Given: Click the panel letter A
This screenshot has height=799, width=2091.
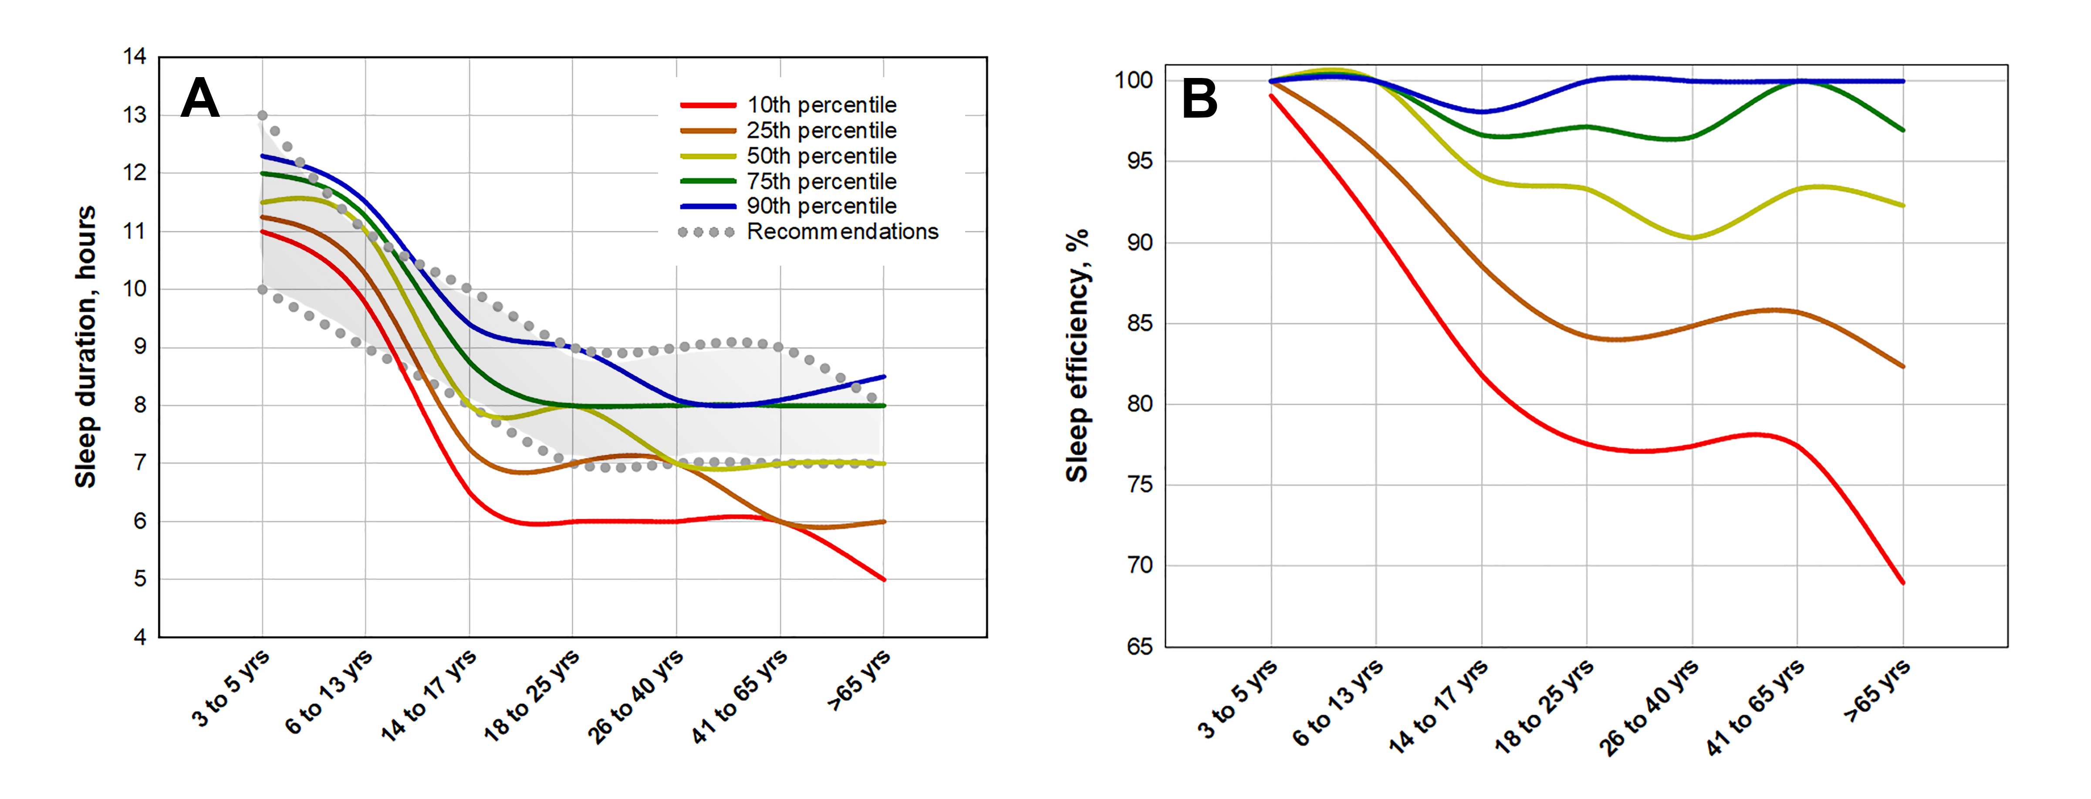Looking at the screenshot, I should pyautogui.click(x=199, y=98).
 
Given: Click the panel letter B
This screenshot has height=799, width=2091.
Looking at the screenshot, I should pyautogui.click(x=1199, y=99).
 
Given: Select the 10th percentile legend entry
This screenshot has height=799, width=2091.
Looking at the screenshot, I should pyautogui.click(x=821, y=105).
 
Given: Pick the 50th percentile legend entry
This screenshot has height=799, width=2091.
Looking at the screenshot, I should pyautogui.click(x=821, y=156).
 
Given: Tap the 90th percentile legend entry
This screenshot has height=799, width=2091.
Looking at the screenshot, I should pyautogui.click(x=821, y=206).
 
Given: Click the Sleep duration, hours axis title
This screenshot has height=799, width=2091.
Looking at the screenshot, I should pyautogui.click(x=86, y=347).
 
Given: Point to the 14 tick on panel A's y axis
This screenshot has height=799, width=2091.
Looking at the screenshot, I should pyautogui.click(x=135, y=57).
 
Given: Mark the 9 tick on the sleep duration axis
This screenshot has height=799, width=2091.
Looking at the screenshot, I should pyautogui.click(x=140, y=347).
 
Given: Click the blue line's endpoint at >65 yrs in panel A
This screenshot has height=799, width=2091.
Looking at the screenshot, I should pyautogui.click(x=884, y=377).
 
